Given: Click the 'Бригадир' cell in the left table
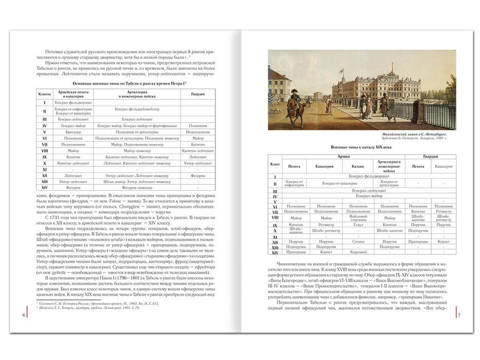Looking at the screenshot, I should (x=70, y=132).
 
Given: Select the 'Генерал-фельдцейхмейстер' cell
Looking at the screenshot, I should (x=137, y=110).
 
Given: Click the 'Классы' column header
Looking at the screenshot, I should (x=44, y=94).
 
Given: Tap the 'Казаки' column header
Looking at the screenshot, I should (x=358, y=166).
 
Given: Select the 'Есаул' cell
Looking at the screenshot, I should (x=358, y=225).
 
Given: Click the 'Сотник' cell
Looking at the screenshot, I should (x=358, y=241).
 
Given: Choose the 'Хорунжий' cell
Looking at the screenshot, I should (x=358, y=252).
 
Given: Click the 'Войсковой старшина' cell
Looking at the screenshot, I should (x=358, y=218).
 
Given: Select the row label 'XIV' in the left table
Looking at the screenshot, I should (x=45, y=188).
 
